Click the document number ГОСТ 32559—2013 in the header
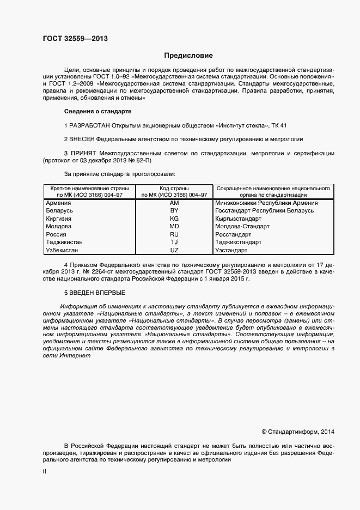click(75, 39)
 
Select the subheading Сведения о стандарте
click(98, 111)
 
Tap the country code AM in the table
click(174, 203)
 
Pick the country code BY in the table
click(174, 210)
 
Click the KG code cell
click(174, 218)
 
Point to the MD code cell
click(174, 226)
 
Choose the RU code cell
click(174, 234)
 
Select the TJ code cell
click(174, 242)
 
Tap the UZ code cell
click(174, 250)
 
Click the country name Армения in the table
click(59, 203)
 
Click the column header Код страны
click(174, 187)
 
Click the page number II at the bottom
click(44, 472)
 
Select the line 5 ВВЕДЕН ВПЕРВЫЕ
click(95, 293)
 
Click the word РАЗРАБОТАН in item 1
click(91, 125)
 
